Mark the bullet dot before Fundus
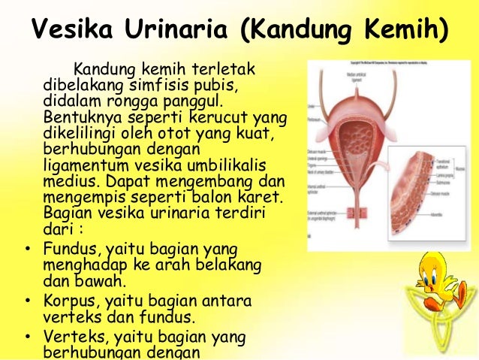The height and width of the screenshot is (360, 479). pos(27,247)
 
